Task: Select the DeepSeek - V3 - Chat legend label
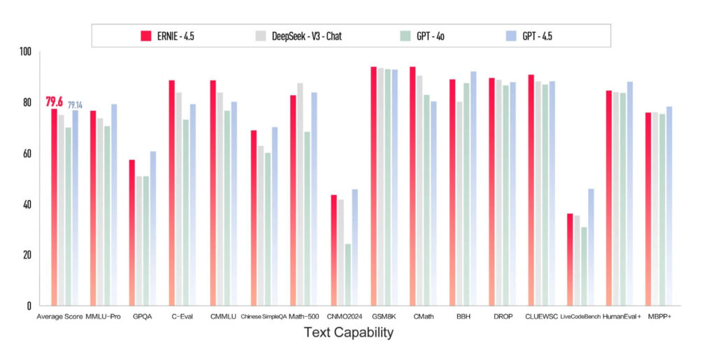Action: point(315,36)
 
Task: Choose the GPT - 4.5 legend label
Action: point(543,36)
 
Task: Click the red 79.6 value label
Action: point(55,102)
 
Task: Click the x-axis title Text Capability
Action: point(348,333)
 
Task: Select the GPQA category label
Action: point(143,317)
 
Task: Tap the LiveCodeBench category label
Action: point(580,317)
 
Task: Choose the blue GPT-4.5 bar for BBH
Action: point(473,188)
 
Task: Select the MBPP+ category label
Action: point(658,317)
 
